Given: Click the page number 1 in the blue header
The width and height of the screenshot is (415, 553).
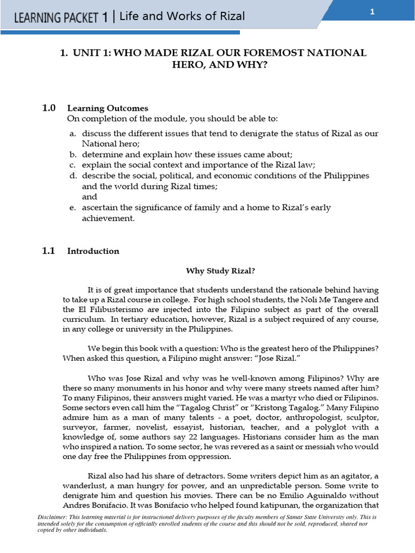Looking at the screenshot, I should point(372,13).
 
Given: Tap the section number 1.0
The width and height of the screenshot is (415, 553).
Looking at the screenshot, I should point(49,108).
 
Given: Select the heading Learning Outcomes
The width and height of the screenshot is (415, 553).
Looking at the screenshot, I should point(108,109).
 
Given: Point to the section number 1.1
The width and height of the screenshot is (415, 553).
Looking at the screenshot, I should point(49,251).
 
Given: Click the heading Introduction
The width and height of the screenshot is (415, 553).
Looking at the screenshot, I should point(93,251).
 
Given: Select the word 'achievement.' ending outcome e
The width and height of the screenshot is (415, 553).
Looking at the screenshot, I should point(107,219).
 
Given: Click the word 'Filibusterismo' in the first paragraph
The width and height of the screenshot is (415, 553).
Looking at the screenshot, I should point(113,309).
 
